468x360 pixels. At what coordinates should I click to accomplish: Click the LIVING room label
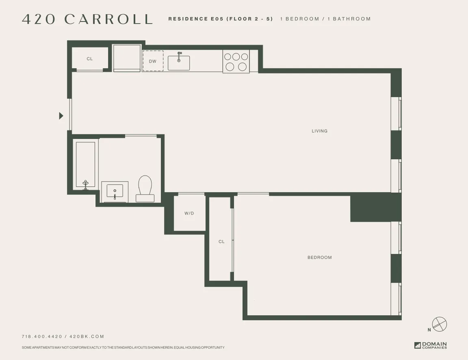pos(319,131)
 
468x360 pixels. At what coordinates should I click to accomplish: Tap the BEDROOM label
pos(319,258)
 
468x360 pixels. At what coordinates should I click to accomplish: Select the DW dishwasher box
pos(153,61)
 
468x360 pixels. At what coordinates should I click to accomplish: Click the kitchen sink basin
pos(179,63)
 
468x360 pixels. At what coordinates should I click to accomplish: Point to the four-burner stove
pos(236,62)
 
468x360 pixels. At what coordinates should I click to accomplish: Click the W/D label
pos(189,213)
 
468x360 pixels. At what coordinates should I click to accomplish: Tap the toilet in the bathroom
pos(145,189)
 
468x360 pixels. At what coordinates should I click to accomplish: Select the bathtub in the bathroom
pos(86,164)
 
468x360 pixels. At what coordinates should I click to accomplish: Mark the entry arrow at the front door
pos(61,116)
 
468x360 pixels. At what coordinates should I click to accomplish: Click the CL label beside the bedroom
pos(221,242)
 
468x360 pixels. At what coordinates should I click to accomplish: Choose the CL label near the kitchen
pos(90,59)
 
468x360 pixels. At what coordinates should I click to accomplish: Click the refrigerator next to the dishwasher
pos(127,58)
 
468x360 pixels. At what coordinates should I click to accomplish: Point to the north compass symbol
pos(439,324)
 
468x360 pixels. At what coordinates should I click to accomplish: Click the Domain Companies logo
pos(431,345)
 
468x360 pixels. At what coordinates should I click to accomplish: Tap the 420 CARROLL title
pos(87,19)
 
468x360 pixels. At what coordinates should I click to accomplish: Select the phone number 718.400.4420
pos(42,336)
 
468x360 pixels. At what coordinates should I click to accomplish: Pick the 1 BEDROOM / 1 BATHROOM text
pos(325,19)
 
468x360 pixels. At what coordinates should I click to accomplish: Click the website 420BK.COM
pos(87,336)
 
